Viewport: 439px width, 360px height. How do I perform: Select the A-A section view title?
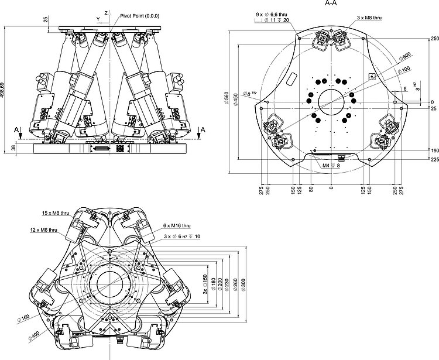coord(331,3)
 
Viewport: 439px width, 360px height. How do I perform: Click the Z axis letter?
coord(105,12)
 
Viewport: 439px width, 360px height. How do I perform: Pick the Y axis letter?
coord(97,19)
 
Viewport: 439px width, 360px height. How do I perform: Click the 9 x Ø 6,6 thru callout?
coord(275,13)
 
